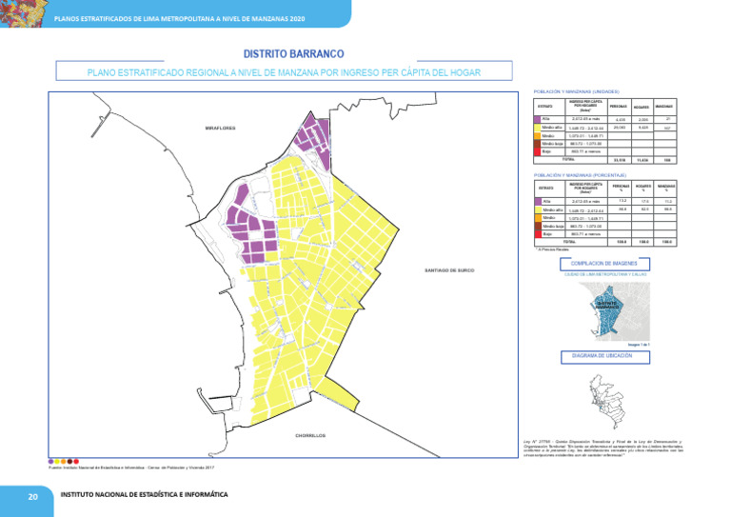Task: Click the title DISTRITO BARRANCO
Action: [x=293, y=54]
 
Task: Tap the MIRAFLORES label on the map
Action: [x=219, y=128]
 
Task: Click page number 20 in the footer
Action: [x=32, y=496]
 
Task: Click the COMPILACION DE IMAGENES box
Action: [x=604, y=263]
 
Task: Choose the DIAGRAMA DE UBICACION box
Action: [x=604, y=356]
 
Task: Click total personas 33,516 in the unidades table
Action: [x=619, y=160]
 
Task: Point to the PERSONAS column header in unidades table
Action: [x=619, y=106]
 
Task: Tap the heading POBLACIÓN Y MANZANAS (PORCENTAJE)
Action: [x=581, y=175]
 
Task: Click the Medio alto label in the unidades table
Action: [x=551, y=128]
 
